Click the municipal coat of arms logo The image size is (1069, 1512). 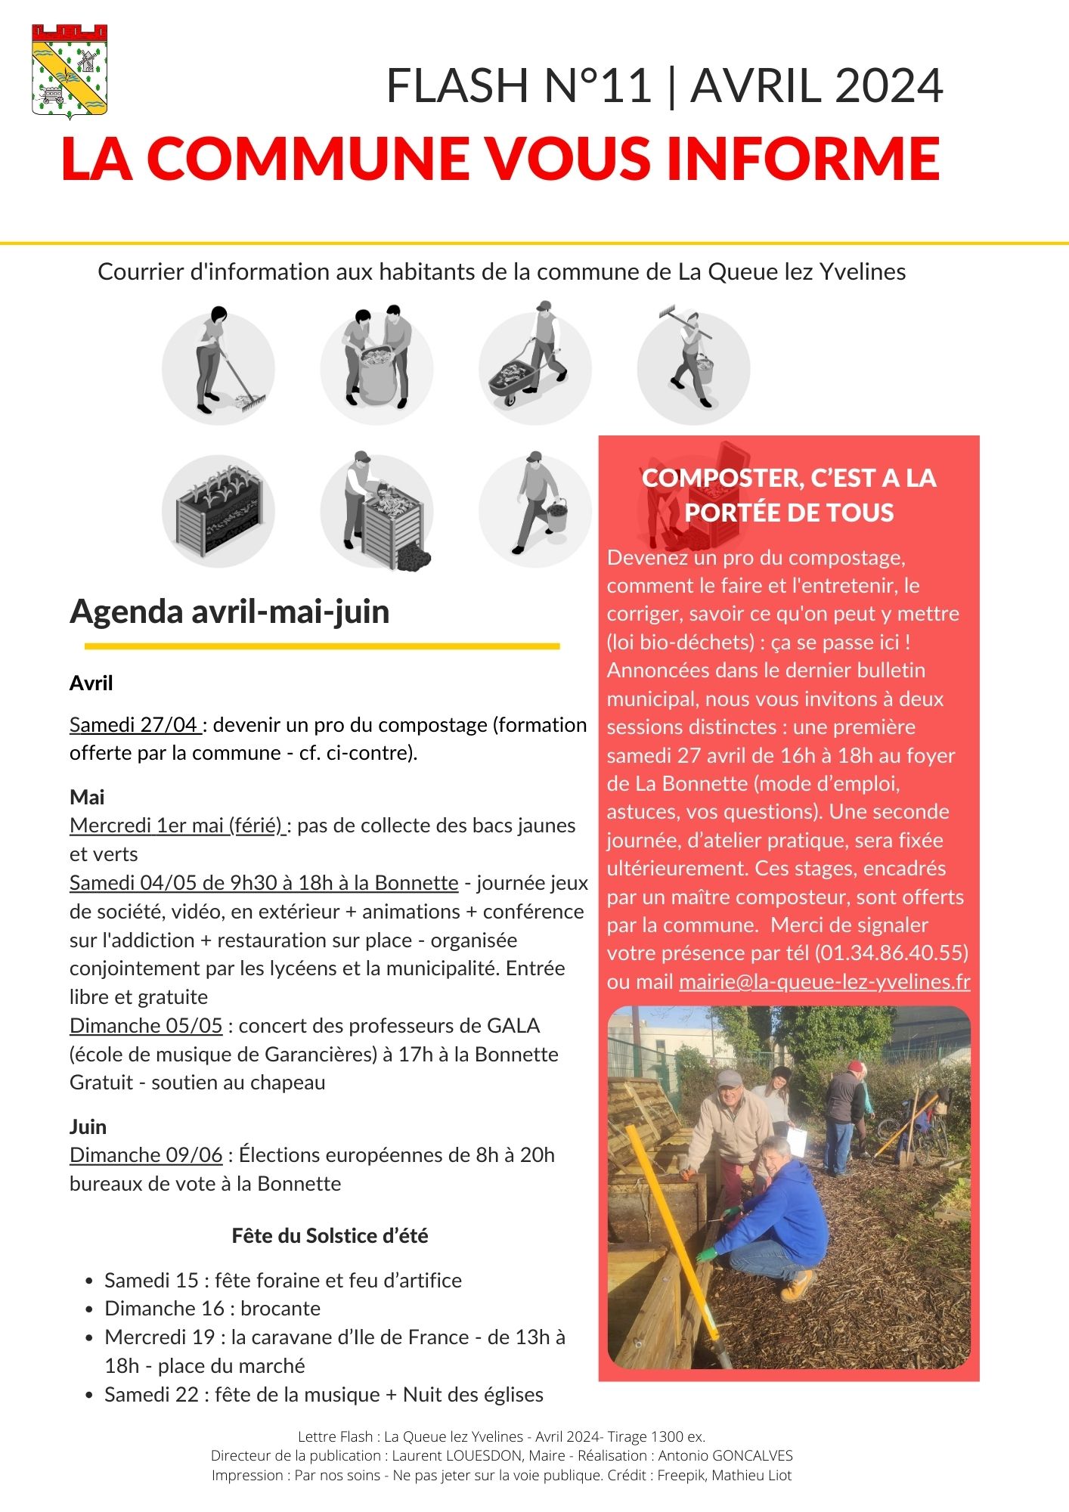[70, 71]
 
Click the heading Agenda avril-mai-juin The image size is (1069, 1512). [229, 611]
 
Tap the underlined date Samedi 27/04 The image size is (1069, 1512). [135, 724]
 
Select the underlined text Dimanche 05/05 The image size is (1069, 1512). [146, 1026]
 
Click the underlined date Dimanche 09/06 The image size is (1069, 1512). [146, 1155]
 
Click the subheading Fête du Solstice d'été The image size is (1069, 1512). [330, 1235]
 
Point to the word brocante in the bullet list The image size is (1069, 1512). [280, 1309]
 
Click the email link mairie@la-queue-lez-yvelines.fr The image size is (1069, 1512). [824, 981]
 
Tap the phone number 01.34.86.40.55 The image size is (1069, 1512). [891, 953]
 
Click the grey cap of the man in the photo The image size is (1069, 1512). [729, 1079]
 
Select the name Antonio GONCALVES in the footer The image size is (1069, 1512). [725, 1455]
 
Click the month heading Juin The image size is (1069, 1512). [88, 1126]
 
